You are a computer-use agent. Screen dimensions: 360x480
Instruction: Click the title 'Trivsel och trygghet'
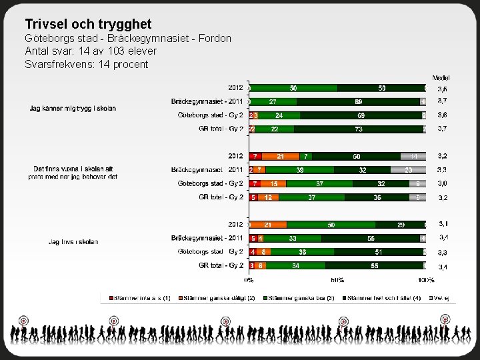(88, 24)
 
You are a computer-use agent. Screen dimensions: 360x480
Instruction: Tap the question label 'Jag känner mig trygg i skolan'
(73, 108)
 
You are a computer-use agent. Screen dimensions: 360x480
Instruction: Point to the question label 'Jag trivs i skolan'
(73, 241)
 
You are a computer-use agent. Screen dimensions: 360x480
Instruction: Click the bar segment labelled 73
(359, 129)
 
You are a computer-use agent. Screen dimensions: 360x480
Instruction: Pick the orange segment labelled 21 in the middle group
(281, 156)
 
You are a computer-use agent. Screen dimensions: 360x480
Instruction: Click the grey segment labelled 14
(413, 156)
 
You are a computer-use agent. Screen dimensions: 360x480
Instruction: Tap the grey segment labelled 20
(408, 170)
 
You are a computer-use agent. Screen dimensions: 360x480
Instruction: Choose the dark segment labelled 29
(400, 225)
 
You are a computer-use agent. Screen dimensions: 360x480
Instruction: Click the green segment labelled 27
(273, 101)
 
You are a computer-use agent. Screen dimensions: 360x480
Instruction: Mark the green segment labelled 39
(301, 170)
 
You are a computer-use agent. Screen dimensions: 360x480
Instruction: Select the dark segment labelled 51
(378, 252)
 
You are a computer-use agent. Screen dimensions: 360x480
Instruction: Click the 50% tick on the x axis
(337, 280)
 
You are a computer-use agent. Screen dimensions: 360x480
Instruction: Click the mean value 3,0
(442, 183)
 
